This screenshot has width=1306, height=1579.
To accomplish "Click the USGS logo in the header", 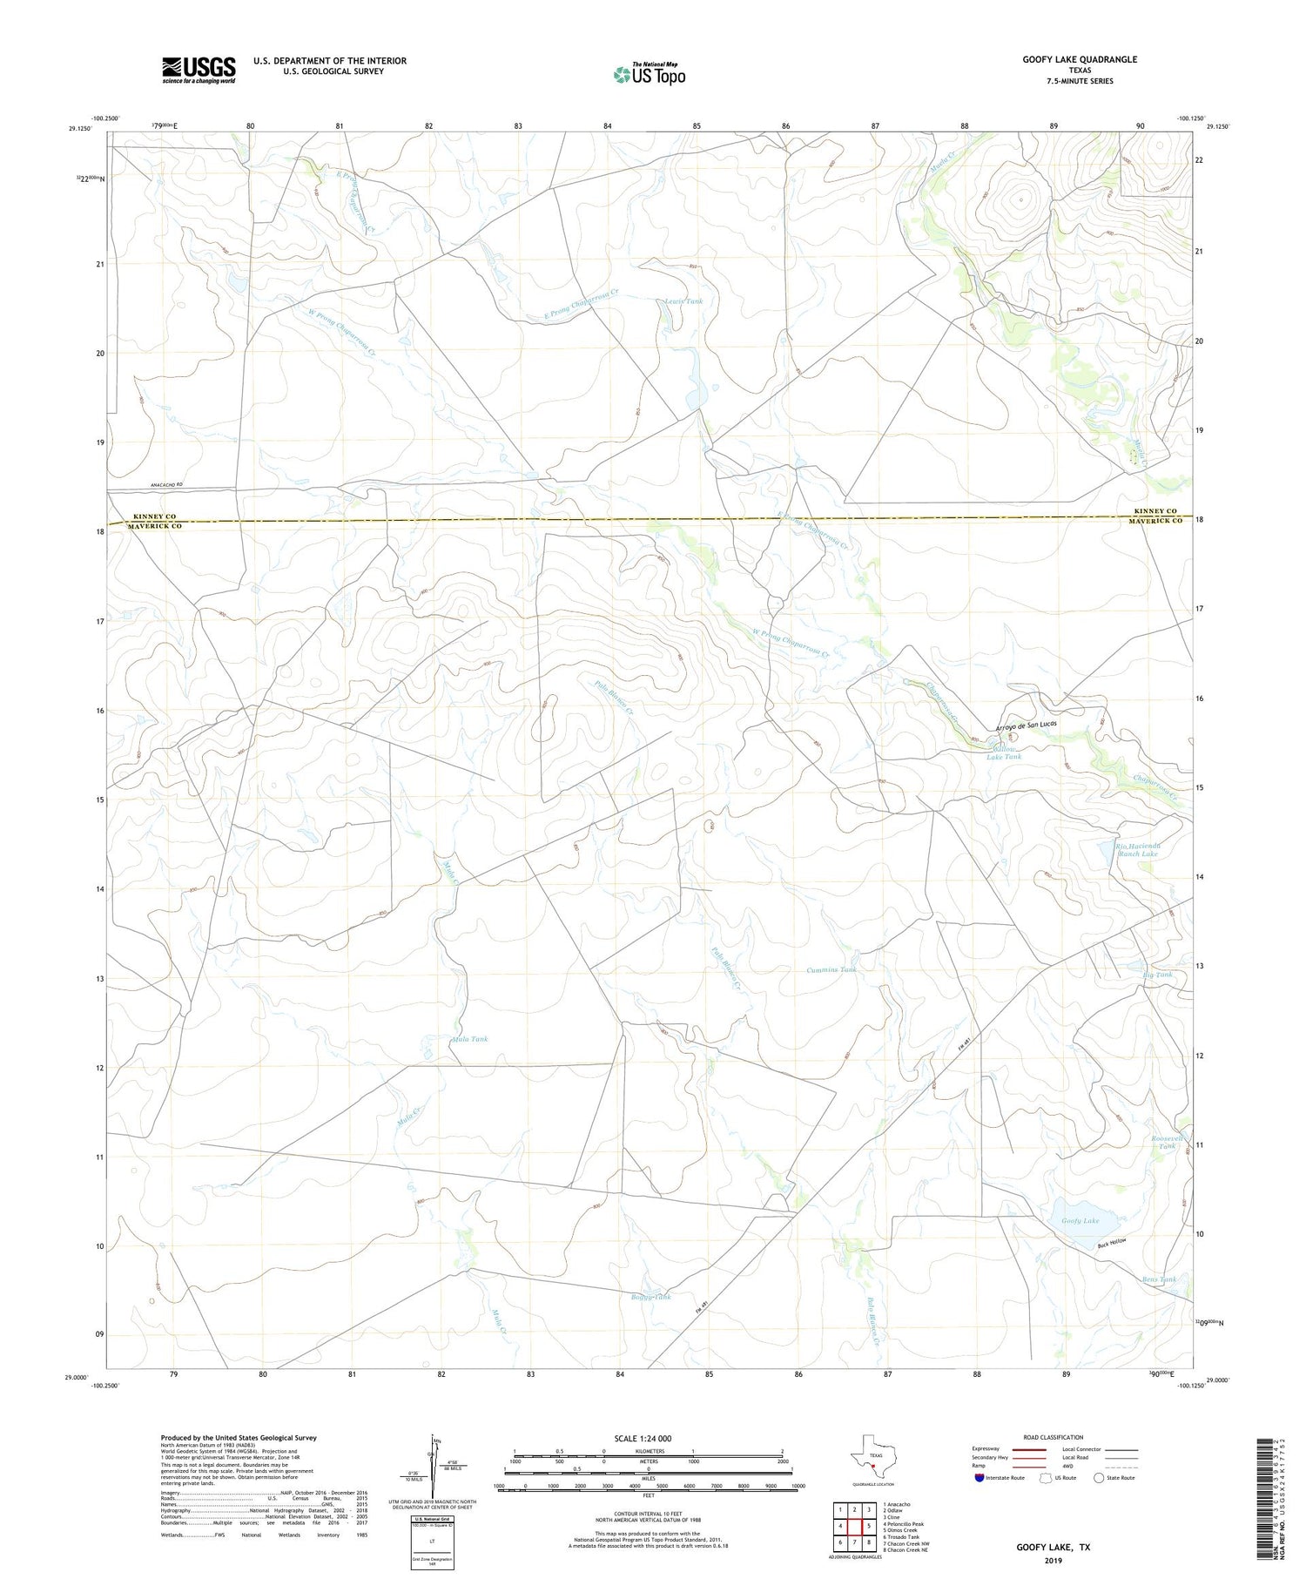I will pos(199,70).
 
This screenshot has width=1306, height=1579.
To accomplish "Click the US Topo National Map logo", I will pos(649,75).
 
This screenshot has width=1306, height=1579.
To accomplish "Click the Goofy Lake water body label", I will pos(1080,1221).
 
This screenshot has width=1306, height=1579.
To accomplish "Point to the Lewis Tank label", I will pos(683,301).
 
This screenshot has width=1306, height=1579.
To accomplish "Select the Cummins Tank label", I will pos(831,969).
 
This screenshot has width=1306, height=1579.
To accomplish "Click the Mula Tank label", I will pos(470,1039).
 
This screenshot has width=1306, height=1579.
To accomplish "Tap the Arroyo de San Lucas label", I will pos(1026,725).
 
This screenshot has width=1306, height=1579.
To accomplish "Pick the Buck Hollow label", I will pos(1112,1243).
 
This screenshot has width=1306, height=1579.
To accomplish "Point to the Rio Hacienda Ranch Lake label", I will pos(1137,849).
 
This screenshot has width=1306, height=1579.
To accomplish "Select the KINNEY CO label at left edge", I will pos(151,516).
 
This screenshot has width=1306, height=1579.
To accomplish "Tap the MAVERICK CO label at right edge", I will pos(1155,521).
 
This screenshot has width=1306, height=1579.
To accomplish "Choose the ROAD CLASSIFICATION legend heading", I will pos(1053,1437).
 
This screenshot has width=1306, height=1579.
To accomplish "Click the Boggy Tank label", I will pos(650,1297).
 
